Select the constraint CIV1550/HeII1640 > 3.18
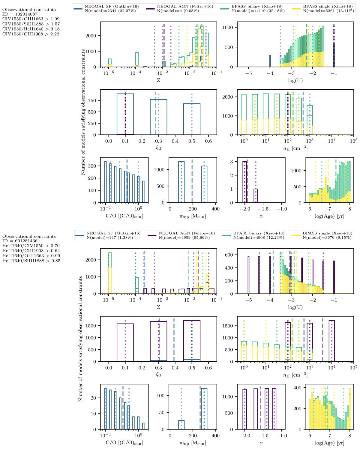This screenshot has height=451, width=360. pyautogui.click(x=31, y=29)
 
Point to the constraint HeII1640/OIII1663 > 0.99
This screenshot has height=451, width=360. pyautogui.click(x=31, y=256)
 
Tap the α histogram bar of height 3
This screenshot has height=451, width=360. pyautogui.click(x=245, y=182)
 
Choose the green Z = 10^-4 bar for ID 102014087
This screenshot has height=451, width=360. pyautogui.click(x=137, y=60)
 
